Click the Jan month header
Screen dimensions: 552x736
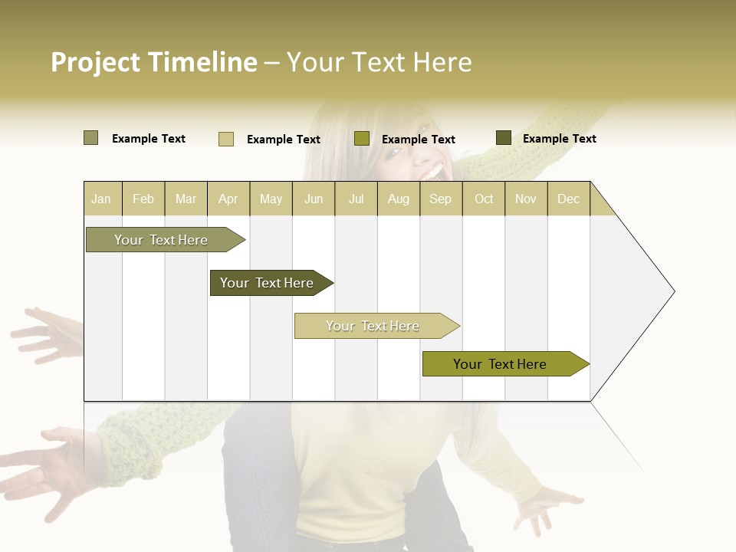(102, 199)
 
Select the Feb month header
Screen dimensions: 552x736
(143, 199)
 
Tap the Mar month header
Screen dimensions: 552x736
(186, 199)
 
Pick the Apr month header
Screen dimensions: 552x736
(228, 199)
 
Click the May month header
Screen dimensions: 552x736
(271, 199)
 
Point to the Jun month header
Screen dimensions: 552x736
(314, 199)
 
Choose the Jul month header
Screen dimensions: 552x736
(356, 199)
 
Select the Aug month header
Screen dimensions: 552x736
(399, 199)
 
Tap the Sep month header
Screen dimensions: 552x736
(441, 199)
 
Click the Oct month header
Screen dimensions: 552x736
(484, 199)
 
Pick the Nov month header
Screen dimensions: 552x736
(526, 199)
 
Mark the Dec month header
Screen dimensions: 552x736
(569, 199)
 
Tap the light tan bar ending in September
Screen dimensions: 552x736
(373, 326)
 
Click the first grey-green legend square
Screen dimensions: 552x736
(91, 138)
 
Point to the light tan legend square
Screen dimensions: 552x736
(226, 139)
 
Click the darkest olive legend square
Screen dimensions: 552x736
(504, 138)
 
